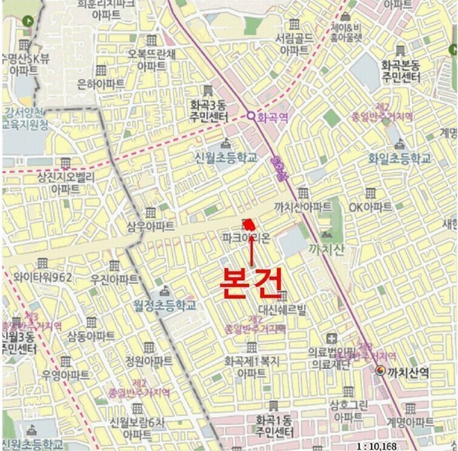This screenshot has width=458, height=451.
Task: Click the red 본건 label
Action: (x=251, y=280)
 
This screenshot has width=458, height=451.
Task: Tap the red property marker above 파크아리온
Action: (x=248, y=223)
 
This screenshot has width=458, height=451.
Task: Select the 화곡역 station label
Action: (x=273, y=117)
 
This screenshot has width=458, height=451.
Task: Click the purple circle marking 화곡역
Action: (x=251, y=117)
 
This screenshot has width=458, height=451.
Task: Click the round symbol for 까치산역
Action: (x=381, y=370)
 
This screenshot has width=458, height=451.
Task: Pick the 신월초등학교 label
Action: (x=225, y=158)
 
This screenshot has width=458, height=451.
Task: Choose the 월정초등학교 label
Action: (x=164, y=305)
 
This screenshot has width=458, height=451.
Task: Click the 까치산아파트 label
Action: (x=303, y=207)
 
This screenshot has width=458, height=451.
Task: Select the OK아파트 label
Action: (x=369, y=207)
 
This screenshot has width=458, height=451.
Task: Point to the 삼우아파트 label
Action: (x=151, y=225)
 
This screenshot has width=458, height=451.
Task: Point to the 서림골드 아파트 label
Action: (x=294, y=43)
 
